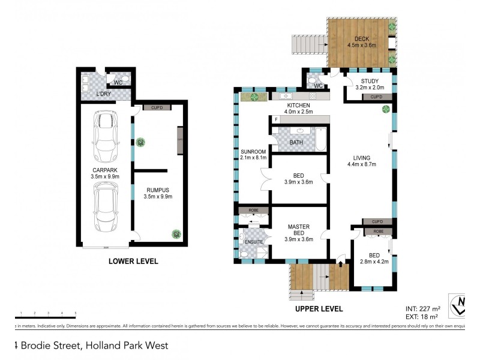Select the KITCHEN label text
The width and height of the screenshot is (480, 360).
point(299,106)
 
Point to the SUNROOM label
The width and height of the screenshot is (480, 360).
point(249,152)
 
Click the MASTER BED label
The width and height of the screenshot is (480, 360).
point(298,230)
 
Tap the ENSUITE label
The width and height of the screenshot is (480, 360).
point(253,242)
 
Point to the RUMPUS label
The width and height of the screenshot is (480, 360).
point(158,189)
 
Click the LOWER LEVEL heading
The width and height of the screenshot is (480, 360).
point(133,261)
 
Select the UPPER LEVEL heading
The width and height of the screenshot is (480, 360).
point(319,309)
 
